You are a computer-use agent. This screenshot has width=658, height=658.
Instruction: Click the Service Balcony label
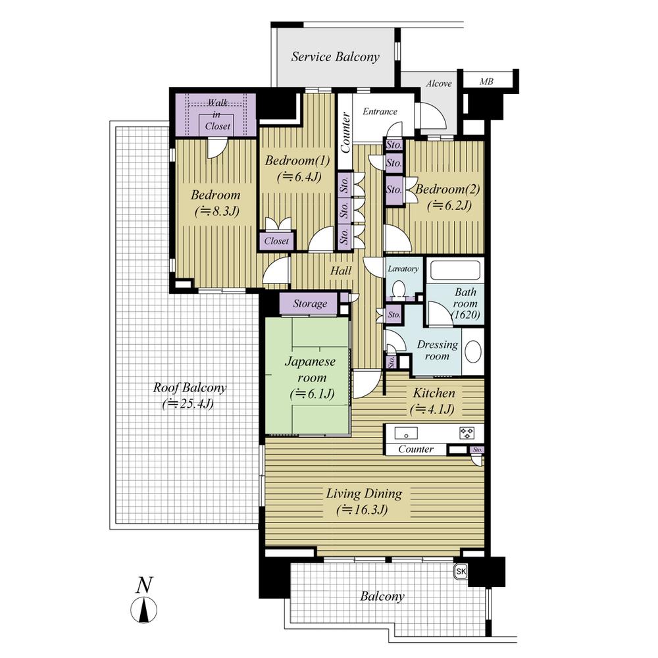335,57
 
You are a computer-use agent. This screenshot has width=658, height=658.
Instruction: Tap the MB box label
486,82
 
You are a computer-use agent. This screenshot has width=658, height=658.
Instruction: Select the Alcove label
439,84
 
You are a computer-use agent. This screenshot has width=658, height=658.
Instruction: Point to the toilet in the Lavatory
398,289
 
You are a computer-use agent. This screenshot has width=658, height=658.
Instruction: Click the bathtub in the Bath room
455,271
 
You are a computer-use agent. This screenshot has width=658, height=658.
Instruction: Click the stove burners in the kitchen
467,433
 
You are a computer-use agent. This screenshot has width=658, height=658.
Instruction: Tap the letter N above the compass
145,584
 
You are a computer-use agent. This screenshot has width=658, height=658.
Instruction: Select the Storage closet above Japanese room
309,303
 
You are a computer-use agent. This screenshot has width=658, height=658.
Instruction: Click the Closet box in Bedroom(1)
276,241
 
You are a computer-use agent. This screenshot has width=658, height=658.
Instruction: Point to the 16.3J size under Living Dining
361,510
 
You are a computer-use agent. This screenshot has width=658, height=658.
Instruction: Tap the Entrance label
380,111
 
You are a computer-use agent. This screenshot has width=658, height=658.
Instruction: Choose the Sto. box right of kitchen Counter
478,450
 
